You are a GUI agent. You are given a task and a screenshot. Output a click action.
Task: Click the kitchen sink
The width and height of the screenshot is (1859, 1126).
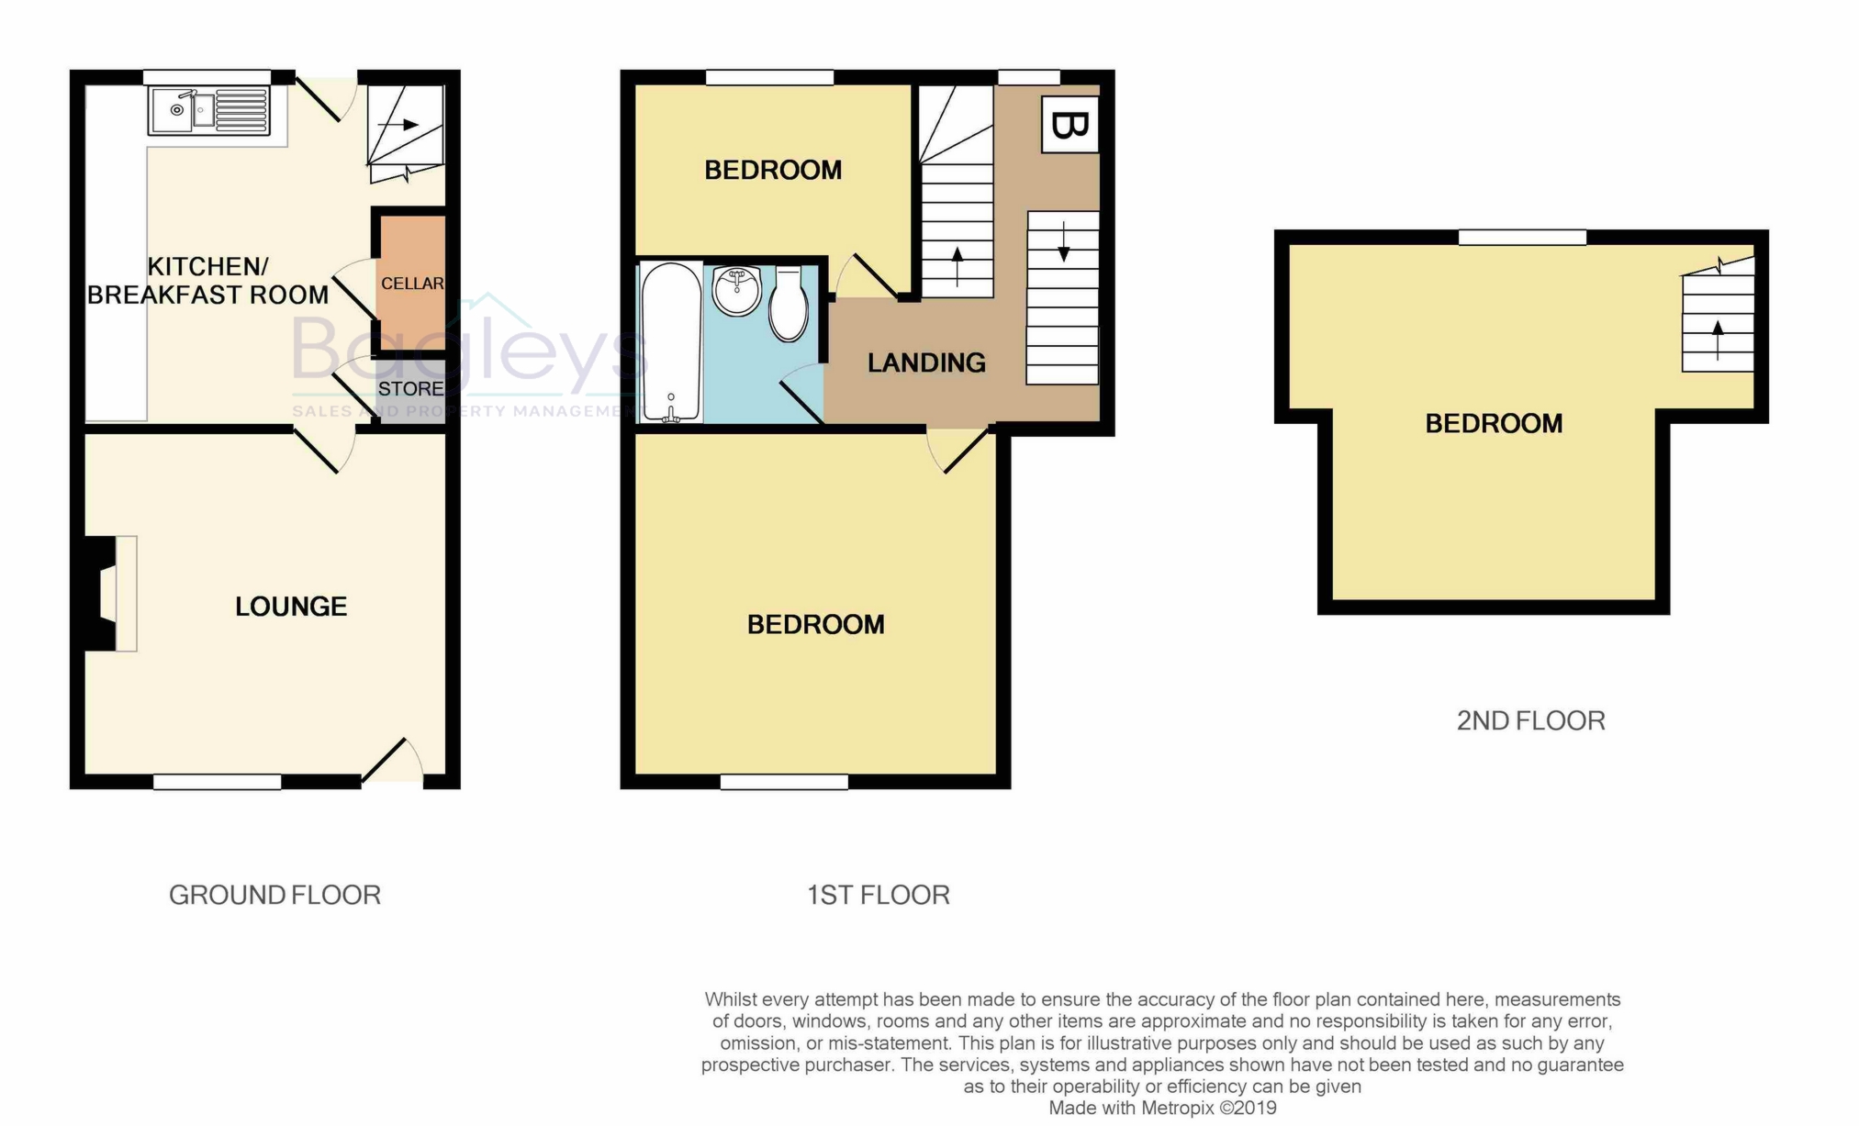click(x=209, y=111)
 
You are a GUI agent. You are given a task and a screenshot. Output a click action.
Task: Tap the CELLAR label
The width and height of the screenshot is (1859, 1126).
click(x=412, y=284)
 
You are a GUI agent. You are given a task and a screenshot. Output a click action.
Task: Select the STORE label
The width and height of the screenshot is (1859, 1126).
click(x=410, y=389)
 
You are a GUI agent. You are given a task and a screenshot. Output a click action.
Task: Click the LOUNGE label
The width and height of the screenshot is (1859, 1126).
click(x=291, y=607)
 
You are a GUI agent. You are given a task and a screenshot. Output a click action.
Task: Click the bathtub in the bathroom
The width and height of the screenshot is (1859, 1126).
click(x=672, y=342)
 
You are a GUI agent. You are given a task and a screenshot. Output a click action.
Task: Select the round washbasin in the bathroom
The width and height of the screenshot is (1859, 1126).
click(x=736, y=291)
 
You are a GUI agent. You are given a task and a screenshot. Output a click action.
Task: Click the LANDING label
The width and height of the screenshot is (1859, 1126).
click(x=926, y=363)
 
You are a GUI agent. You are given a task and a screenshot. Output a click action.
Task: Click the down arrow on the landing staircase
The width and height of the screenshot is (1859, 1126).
click(x=1063, y=241)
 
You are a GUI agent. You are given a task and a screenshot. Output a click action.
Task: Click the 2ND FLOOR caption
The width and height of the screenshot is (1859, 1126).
click(x=1531, y=720)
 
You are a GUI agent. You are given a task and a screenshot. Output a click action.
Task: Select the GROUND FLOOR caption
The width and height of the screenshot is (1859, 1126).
click(x=274, y=895)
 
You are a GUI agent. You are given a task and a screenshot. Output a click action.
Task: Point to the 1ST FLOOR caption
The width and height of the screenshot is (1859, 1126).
click(x=878, y=895)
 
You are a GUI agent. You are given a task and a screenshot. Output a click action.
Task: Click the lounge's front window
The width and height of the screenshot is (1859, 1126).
click(x=217, y=782)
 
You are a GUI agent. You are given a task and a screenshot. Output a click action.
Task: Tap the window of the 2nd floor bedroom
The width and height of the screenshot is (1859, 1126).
click(x=1522, y=237)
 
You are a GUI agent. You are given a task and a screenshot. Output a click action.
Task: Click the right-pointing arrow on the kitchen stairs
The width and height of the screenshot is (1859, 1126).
click(x=398, y=124)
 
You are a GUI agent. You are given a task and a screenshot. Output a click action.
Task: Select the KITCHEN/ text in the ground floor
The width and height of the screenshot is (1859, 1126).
click(x=207, y=267)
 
